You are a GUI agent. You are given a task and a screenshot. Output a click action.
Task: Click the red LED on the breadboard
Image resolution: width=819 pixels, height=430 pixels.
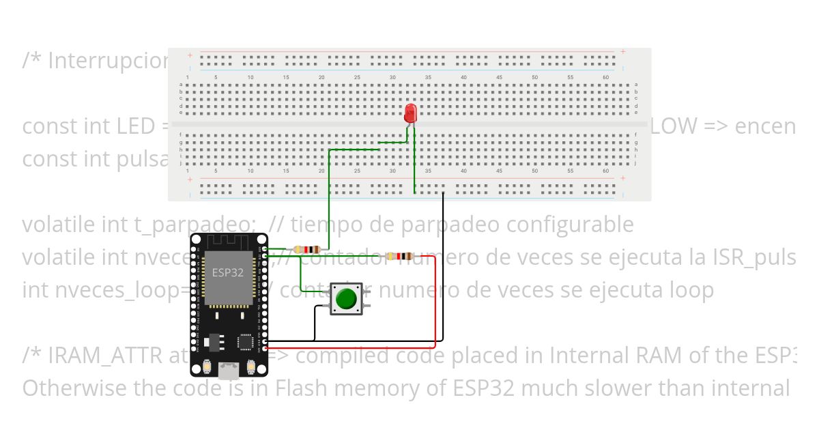(x=410, y=113)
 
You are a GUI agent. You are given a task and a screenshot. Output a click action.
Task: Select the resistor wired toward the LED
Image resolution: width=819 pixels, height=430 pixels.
(x=304, y=250)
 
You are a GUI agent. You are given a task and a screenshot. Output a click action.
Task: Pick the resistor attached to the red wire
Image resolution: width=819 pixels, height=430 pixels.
(x=399, y=257)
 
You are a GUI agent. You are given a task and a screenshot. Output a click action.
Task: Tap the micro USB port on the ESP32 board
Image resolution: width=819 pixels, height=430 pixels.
(x=229, y=371)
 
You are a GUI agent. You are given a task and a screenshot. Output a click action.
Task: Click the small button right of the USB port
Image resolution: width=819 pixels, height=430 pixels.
(x=250, y=368)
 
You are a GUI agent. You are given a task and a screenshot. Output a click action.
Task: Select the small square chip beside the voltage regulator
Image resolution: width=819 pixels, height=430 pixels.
(x=245, y=341)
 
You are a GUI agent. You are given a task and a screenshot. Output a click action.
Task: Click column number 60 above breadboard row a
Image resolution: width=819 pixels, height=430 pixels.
(x=605, y=78)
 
